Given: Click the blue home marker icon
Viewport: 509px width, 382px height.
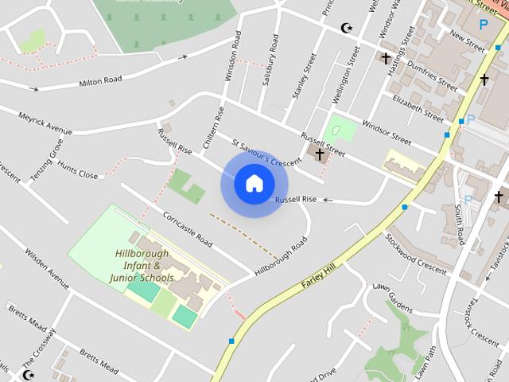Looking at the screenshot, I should (x=254, y=184).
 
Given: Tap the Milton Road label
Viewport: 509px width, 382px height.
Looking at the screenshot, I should (x=100, y=80).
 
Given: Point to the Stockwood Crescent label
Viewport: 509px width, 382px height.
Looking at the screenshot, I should (x=416, y=251).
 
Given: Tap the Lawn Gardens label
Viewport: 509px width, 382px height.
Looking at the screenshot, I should (x=393, y=297).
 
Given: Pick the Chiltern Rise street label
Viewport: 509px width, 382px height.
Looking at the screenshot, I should (x=212, y=127).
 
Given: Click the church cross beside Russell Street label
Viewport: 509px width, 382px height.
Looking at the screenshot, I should (x=320, y=154).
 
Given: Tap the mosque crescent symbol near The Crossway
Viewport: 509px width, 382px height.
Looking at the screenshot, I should (x=29, y=375).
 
